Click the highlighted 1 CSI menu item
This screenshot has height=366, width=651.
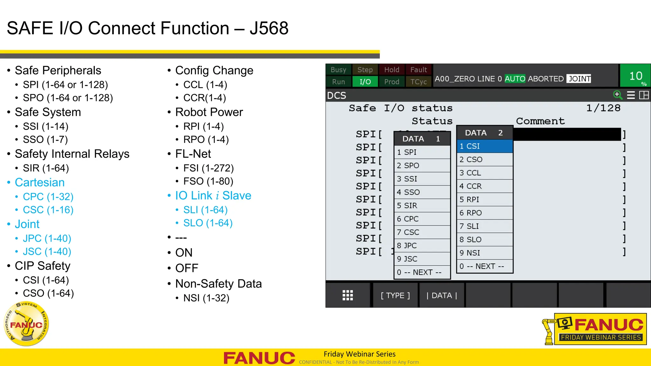[484, 146]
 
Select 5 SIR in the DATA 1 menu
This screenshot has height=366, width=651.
[422, 206]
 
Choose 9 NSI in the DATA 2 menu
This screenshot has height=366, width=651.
[484, 253]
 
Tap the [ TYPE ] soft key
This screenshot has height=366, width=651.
[395, 296]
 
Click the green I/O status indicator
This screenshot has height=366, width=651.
[365, 82]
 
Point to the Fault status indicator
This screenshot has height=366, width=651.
[418, 70]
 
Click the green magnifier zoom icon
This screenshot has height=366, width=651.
[617, 95]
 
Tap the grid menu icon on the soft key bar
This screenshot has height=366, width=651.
[347, 296]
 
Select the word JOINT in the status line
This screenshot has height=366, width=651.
[579, 79]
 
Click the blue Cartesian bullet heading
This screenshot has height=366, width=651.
[40, 183]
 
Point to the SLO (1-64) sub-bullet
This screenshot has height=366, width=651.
[208, 223]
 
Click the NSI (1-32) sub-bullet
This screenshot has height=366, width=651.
[206, 298]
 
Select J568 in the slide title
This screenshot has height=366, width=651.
[269, 28]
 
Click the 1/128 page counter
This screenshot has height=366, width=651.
[603, 108]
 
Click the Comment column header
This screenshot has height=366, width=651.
[540, 121]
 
